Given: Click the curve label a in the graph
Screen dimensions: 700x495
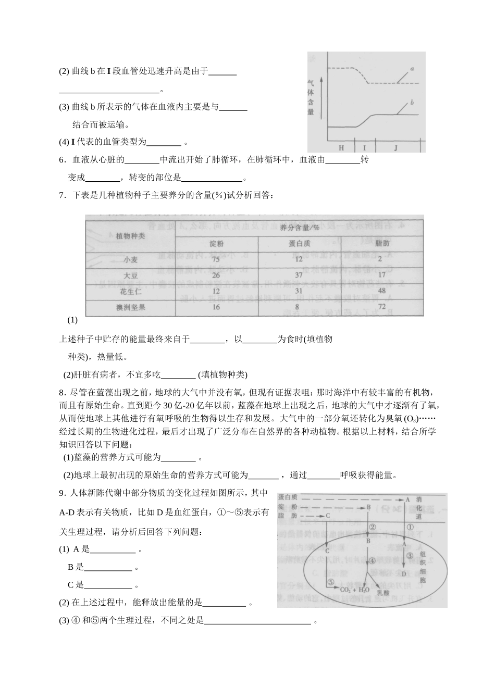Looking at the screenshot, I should point(412,69).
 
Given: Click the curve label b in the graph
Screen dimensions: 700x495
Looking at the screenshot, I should point(412,103).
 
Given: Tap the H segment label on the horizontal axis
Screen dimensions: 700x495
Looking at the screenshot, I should point(341,147).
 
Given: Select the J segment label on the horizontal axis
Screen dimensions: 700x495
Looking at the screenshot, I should point(395,147).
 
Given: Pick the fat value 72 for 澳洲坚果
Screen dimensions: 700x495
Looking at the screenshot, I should point(381,307).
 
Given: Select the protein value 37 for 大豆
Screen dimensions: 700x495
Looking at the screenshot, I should point(299,275).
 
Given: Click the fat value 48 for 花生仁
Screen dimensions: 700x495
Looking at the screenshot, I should point(381,291).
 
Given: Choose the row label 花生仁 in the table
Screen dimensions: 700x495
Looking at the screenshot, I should point(130,291).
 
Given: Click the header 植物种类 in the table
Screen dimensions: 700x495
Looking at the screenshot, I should point(130,235).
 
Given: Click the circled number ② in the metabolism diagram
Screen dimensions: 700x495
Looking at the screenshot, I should point(373,527).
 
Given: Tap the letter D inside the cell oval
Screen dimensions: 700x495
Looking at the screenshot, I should point(404,573).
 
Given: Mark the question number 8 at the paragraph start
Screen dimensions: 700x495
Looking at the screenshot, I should point(61,392).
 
